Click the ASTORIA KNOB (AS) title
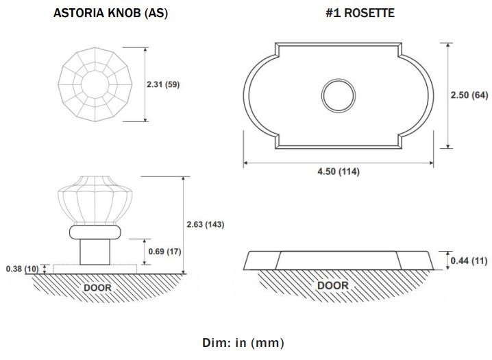[110, 13]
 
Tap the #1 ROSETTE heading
[360, 13]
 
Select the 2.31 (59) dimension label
[163, 84]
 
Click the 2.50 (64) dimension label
[469, 95]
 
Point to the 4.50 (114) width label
[339, 171]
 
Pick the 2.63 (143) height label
[205, 224]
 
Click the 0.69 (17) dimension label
[164, 252]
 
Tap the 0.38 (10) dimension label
[23, 269]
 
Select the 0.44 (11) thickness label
[469, 261]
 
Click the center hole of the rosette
[339, 96]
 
